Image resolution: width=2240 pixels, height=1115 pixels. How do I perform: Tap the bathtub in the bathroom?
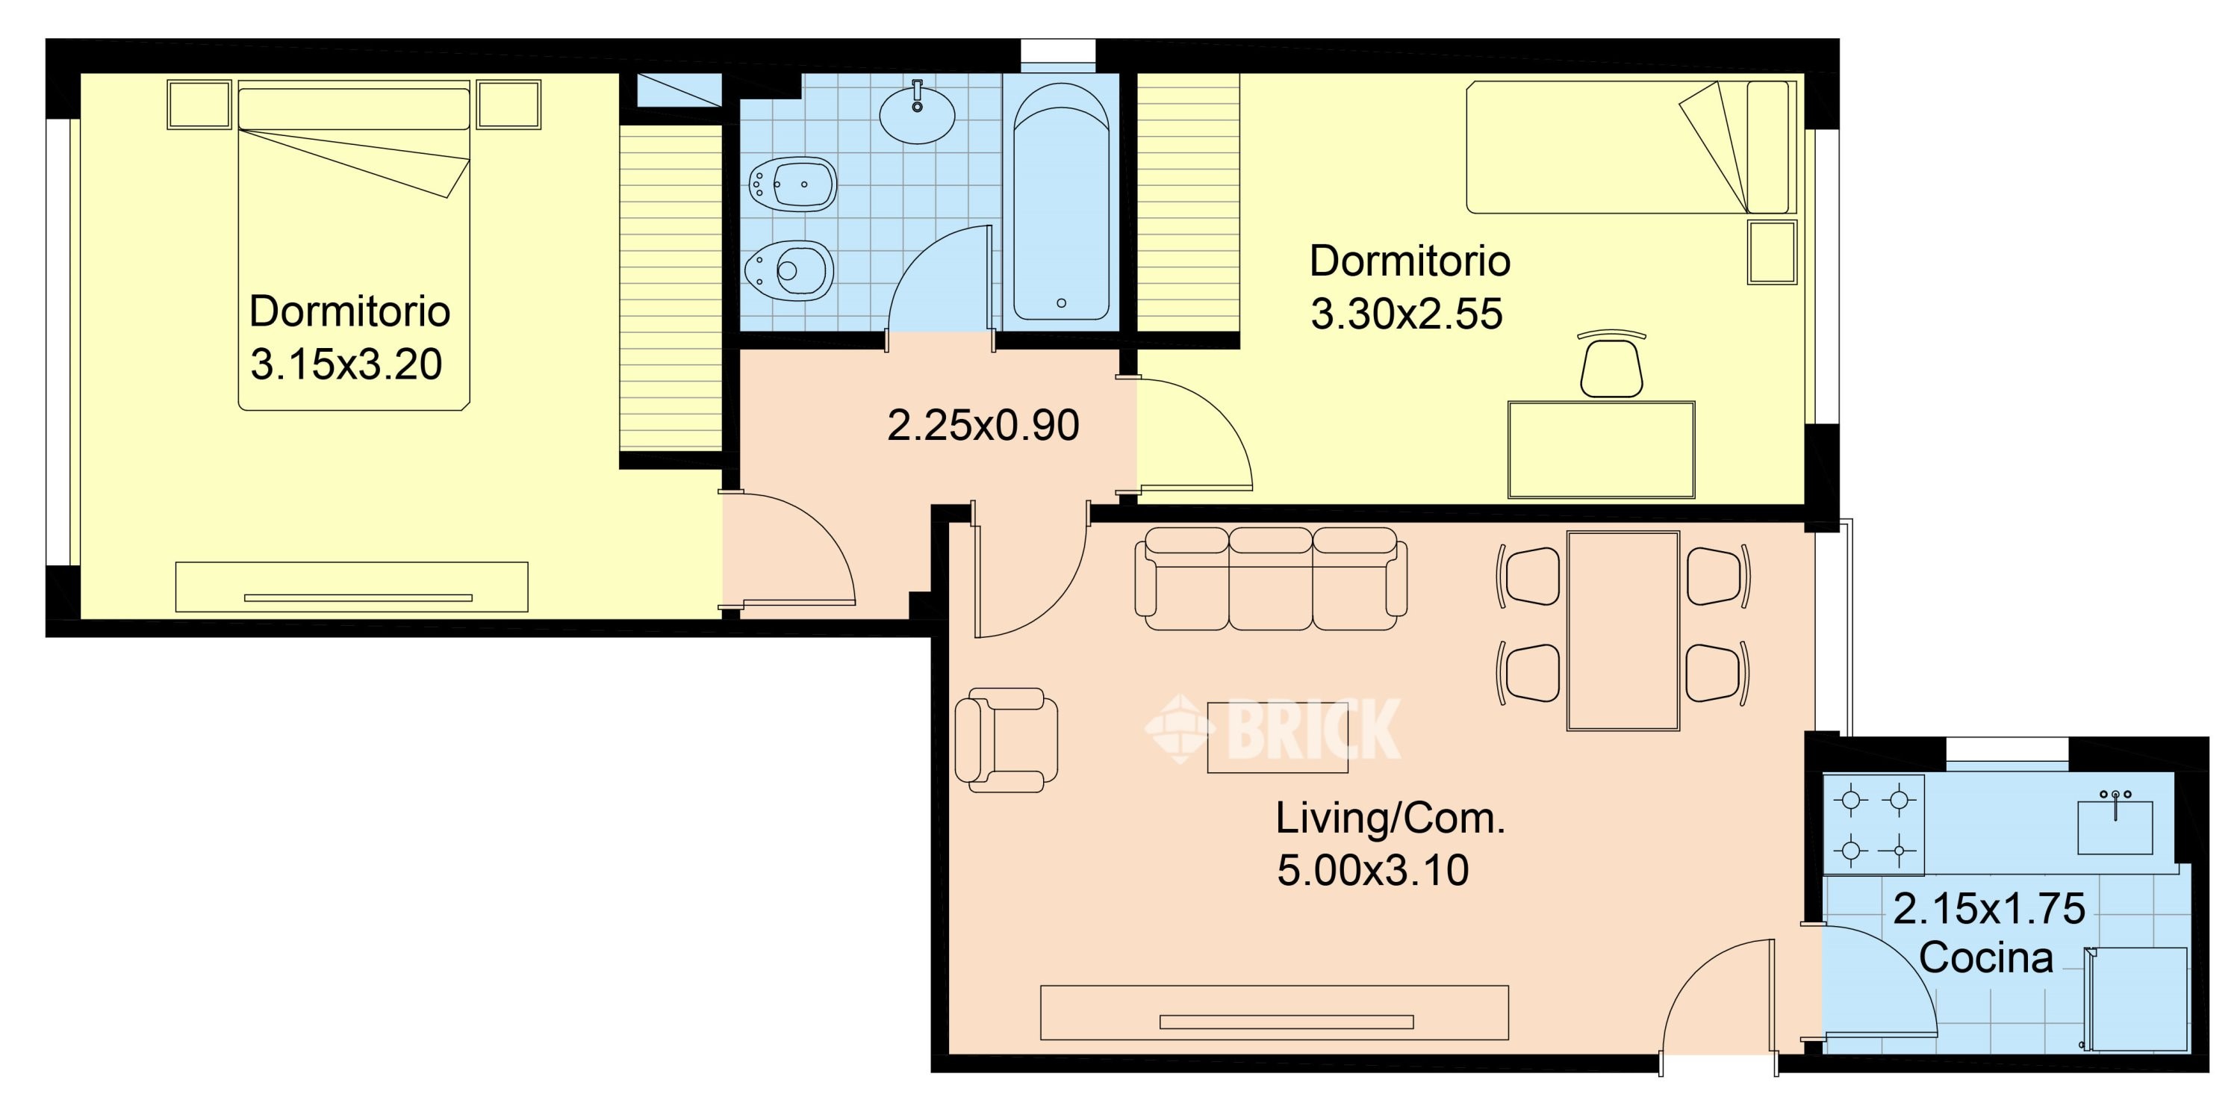(1061, 202)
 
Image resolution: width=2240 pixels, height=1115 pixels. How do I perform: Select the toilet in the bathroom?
(788, 270)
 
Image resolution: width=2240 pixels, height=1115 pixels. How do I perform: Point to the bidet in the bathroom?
(792, 184)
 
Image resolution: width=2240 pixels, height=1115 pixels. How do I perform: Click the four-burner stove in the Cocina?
(1874, 824)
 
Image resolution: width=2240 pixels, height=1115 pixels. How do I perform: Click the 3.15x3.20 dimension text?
(346, 364)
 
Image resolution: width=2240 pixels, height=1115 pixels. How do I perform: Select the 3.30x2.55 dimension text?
(1406, 314)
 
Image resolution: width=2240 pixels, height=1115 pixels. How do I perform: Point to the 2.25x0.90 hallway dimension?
(983, 425)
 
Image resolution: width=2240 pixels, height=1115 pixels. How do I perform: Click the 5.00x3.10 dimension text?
(1373, 870)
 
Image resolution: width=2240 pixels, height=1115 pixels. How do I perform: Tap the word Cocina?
(1986, 957)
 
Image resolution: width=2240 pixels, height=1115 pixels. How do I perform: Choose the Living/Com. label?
(1390, 819)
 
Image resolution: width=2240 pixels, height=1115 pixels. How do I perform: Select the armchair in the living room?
(1006, 740)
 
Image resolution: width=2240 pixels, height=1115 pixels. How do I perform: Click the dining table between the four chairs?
(1623, 630)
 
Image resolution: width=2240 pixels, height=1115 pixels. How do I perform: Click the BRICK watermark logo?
(1272, 729)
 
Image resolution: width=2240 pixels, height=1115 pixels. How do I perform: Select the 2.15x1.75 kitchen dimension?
(1988, 909)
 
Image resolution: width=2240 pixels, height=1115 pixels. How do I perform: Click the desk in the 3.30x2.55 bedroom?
(1601, 450)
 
